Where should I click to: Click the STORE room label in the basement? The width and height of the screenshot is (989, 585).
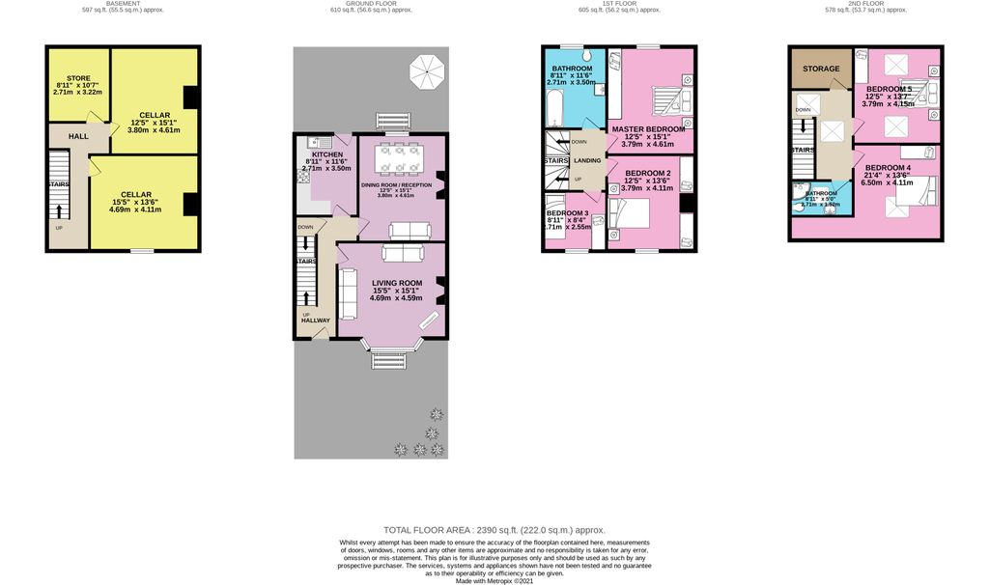tap(78, 78)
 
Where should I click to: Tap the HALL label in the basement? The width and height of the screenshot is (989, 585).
tap(78, 137)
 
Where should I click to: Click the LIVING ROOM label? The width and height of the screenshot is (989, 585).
tap(396, 282)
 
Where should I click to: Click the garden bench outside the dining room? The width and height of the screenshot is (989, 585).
tap(395, 121)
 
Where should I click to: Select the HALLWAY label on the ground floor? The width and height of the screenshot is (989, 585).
tap(316, 320)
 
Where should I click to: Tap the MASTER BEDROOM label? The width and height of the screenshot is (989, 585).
tap(647, 128)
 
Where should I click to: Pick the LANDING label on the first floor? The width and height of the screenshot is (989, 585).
tap(586, 160)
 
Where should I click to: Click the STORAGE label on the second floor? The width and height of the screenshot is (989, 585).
tap(820, 69)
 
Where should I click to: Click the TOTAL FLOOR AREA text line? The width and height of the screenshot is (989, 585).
tap(494, 530)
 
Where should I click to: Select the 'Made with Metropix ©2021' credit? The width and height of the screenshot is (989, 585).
tap(494, 581)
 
